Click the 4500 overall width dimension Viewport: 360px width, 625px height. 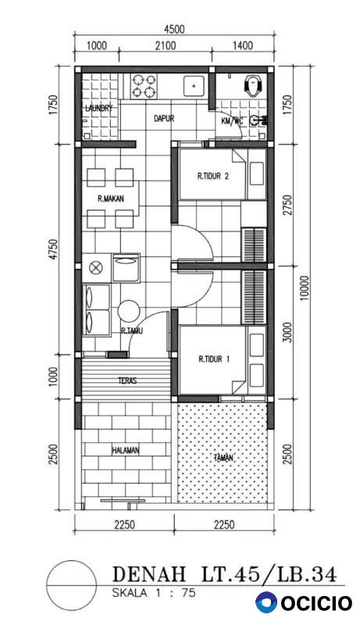174,29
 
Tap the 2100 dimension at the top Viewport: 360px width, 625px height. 166,45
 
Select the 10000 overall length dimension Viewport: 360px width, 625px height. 305,287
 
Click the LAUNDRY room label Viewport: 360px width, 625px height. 99,108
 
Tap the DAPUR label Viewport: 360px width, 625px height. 164,119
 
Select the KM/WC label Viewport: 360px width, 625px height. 232,122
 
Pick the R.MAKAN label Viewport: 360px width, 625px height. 111,198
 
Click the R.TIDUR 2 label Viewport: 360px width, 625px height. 213,177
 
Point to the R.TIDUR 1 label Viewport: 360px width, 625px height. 214,359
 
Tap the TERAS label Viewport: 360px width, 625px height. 127,380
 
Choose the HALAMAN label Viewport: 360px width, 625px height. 125,451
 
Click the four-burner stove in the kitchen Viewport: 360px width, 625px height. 144,87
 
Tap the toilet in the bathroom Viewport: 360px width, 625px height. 252,85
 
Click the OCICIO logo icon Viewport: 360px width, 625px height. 267,602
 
